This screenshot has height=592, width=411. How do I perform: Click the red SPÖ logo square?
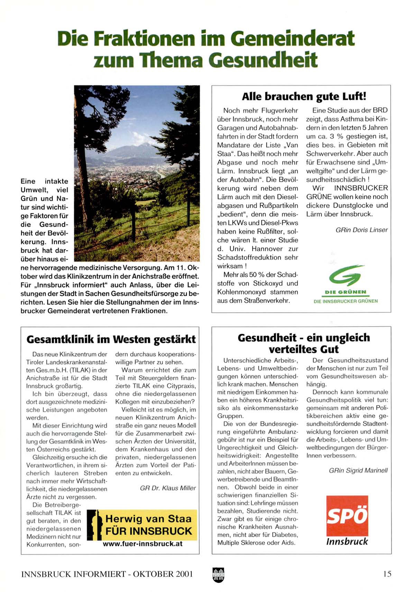tap(347, 515)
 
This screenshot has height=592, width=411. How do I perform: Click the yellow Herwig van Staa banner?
tap(142, 525)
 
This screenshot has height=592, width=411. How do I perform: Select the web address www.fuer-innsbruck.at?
tap(143, 544)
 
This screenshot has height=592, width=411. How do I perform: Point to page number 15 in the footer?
tap(387, 574)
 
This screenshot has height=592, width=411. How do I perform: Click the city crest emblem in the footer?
tap(218, 575)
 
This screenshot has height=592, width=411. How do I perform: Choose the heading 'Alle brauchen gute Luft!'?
tap(304, 96)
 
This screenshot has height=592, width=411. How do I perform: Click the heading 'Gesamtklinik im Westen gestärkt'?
tap(111, 339)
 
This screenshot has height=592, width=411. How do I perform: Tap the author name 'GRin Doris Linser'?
tap(362, 230)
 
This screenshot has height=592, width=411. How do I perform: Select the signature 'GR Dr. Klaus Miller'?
tap(168, 488)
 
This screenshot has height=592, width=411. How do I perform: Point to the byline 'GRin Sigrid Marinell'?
tap(358, 470)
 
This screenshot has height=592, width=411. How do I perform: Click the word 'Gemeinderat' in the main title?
tap(293, 38)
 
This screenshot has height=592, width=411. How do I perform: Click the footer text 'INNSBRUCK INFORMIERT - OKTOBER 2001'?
tap(107, 574)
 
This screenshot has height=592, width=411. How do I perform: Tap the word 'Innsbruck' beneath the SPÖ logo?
tap(347, 541)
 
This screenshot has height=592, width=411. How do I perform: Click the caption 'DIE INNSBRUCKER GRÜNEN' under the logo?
tap(346, 301)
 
